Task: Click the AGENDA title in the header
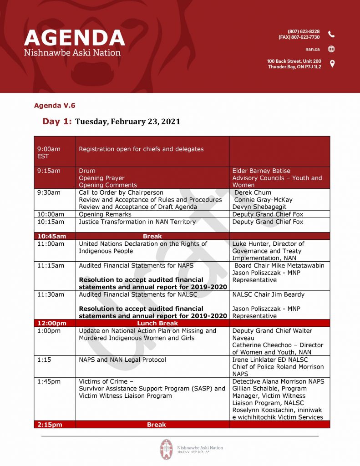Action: click(74, 38)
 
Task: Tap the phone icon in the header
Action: click(331, 34)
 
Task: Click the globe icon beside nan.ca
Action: click(331, 49)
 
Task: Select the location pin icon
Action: click(332, 64)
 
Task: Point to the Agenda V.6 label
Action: click(55, 106)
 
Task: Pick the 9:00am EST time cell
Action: click(49, 152)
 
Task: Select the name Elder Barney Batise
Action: click(261, 171)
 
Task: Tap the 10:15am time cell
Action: click(51, 222)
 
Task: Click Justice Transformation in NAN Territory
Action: click(137, 222)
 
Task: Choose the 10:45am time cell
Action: click(52, 236)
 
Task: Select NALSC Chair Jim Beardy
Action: click(268, 294)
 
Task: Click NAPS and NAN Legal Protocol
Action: click(122, 360)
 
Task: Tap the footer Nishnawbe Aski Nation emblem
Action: click(166, 449)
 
